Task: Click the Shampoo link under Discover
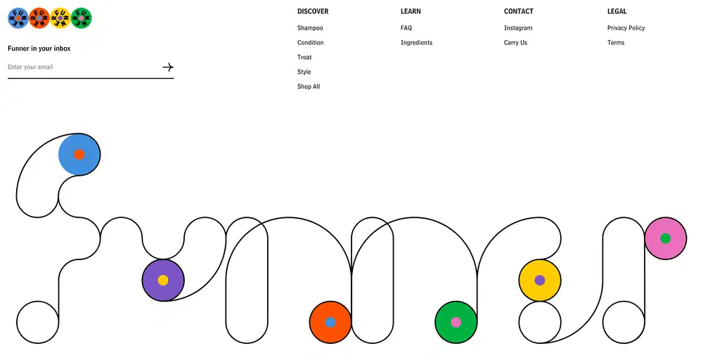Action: pos(310,28)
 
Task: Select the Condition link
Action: pos(310,43)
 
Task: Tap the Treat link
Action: pos(304,58)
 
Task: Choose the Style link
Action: pos(304,72)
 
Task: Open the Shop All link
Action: pos(309,86)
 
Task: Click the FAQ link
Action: pos(406,28)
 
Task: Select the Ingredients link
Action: pos(416,43)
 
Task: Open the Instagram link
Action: pos(518,28)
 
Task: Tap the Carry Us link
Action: pos(515,43)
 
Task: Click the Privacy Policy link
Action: pos(626,28)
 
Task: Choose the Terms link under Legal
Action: pos(616,43)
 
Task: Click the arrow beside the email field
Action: pos(168,67)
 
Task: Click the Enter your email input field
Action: pos(84,67)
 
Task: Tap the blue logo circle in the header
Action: pos(18,18)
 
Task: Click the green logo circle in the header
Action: pos(81,18)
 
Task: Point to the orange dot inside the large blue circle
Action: pos(79,155)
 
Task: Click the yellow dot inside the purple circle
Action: pos(163,281)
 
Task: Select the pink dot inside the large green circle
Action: pos(456,322)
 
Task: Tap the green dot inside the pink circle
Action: pos(665,238)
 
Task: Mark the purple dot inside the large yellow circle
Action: pos(540,281)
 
